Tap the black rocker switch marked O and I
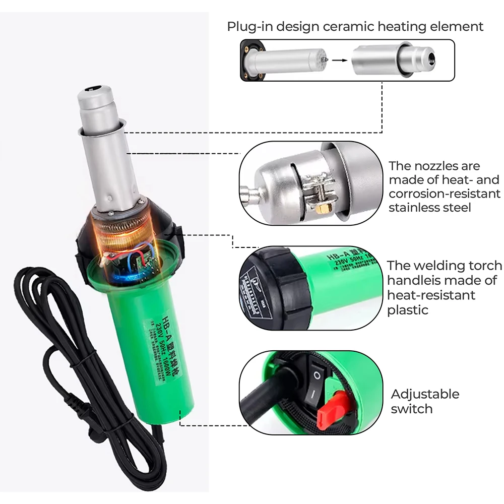pyautogui.click(x=317, y=386)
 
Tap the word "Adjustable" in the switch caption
pyautogui.click(x=425, y=394)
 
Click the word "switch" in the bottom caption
pyautogui.click(x=412, y=409)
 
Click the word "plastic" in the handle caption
pyautogui.click(x=408, y=310)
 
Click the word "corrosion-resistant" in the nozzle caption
pyautogui.click(x=445, y=194)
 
